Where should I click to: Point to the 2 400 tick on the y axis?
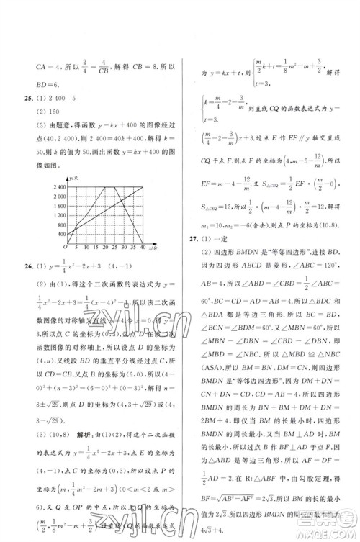coord(61,186)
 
